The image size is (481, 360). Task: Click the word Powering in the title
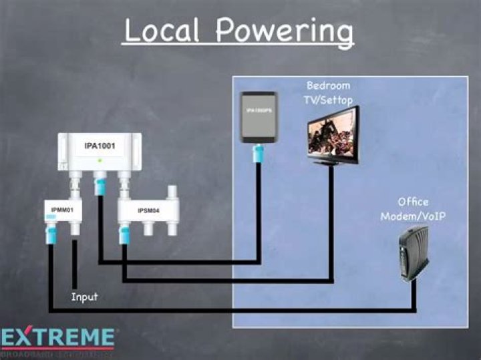click(x=285, y=32)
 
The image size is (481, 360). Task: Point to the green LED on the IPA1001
click(x=100, y=162)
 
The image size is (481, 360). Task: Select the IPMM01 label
click(x=61, y=211)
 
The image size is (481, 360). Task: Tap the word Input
click(x=85, y=297)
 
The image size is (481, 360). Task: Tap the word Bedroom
click(x=328, y=86)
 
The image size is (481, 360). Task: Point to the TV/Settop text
click(x=329, y=100)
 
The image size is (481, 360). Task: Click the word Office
click(x=413, y=202)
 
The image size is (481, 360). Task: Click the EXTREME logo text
click(x=58, y=337)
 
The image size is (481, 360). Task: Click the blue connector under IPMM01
click(x=51, y=234)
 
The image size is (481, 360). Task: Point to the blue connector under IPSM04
click(x=123, y=234)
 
